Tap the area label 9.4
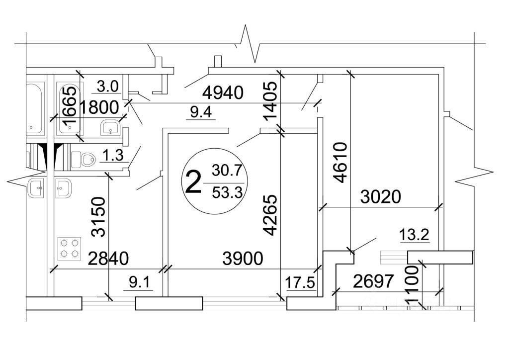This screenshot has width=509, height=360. click(x=201, y=112)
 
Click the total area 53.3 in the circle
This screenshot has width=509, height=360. click(x=227, y=192)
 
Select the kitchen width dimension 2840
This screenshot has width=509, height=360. click(x=108, y=259)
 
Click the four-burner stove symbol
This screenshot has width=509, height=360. click(x=70, y=248)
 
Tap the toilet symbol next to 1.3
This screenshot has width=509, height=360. click(x=84, y=160)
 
